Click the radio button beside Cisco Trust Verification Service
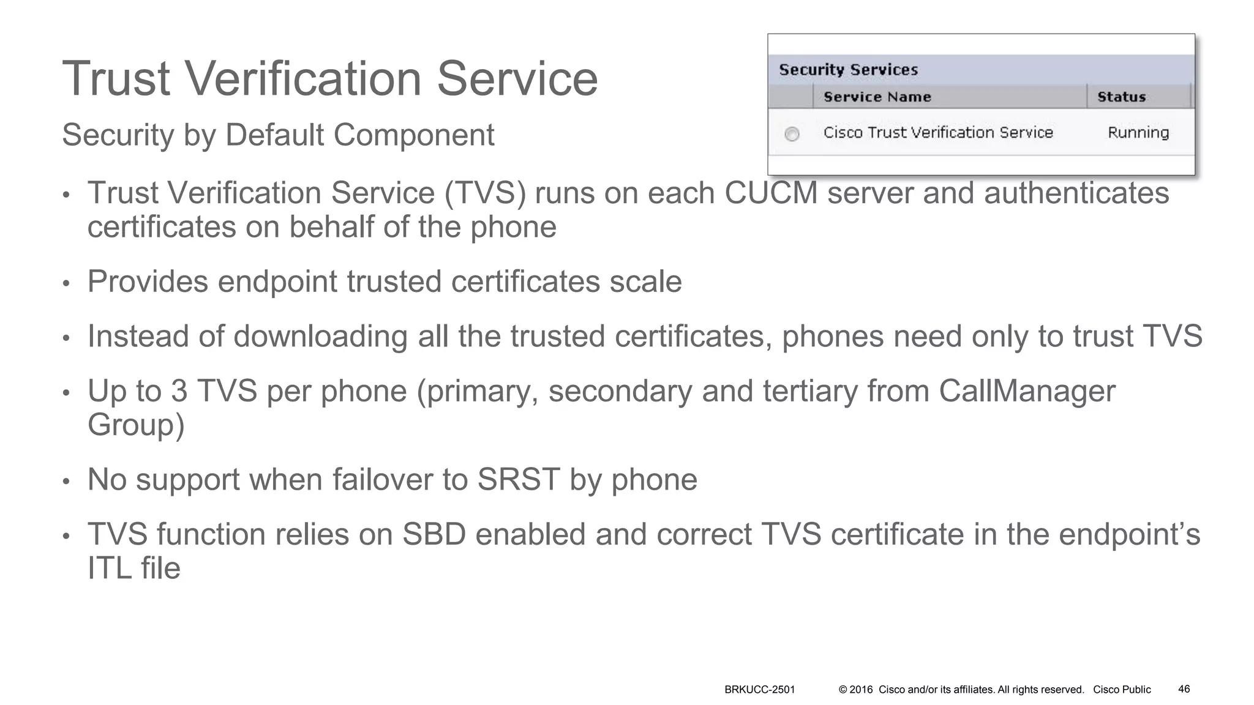pyautogui.click(x=792, y=134)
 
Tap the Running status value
pyautogui.click(x=1138, y=133)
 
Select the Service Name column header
pyautogui.click(x=877, y=97)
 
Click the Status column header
pyautogui.click(x=1121, y=97)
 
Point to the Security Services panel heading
pyautogui.click(x=848, y=70)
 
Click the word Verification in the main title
pyautogui.click(x=303, y=78)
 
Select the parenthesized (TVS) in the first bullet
pyautogui.click(x=485, y=193)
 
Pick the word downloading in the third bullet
pyautogui.click(x=321, y=337)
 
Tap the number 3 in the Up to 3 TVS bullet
pyautogui.click(x=179, y=391)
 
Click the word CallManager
pyautogui.click(x=1027, y=391)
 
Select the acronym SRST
pyautogui.click(x=518, y=480)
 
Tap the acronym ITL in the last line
pyautogui.click(x=110, y=569)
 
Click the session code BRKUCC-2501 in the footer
pyautogui.click(x=759, y=690)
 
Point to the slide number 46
pyautogui.click(x=1184, y=689)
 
